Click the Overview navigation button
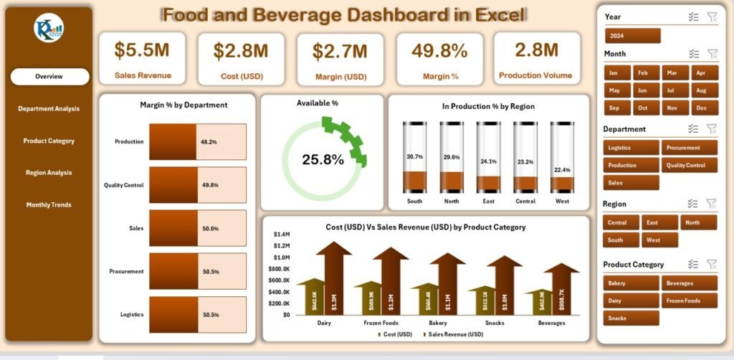tap(49, 77)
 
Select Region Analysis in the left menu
tap(49, 173)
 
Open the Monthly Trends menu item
tap(49, 205)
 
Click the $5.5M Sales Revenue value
tap(142, 49)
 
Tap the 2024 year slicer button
tap(631, 36)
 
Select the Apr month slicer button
tap(702, 72)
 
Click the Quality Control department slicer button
tap(689, 165)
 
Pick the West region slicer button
tap(659, 240)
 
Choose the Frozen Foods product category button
tap(689, 300)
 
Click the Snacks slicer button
tap(631, 318)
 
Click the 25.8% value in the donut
tap(323, 160)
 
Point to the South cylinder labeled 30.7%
tap(414, 157)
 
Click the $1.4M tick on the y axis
tap(281, 235)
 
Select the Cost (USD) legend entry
tap(395, 334)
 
